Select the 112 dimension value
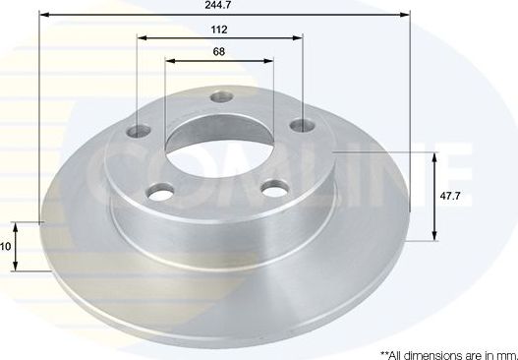coord(218,29)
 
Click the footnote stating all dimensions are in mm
coord(447,352)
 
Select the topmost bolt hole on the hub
coord(221,97)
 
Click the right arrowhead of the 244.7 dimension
coord(403,15)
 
